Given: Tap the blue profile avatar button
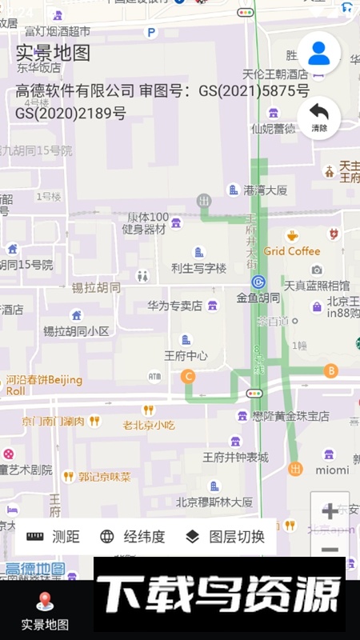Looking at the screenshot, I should click(x=319, y=53).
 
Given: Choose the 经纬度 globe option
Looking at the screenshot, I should click(x=132, y=537).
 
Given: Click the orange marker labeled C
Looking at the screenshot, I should click(x=189, y=376).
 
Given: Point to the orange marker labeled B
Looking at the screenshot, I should click(x=330, y=370).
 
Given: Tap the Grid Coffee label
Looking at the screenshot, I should click(x=292, y=251).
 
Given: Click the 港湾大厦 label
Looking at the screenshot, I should click(x=265, y=190).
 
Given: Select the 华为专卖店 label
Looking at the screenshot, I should click(x=174, y=306).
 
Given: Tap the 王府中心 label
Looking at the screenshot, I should click(x=186, y=355).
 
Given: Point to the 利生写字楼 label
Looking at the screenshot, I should click(x=198, y=268).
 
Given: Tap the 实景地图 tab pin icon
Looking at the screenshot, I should click(x=45, y=601).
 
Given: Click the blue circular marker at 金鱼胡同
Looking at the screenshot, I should click(x=258, y=282).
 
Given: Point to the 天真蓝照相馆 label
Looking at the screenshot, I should click(x=316, y=285).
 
